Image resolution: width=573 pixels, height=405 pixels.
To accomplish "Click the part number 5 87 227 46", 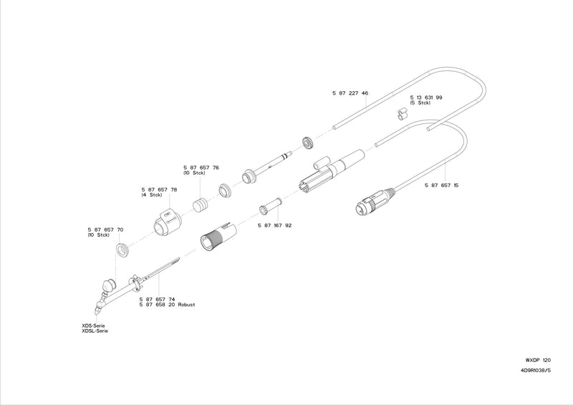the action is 350,93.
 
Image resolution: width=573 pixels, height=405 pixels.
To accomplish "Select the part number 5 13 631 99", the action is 426,97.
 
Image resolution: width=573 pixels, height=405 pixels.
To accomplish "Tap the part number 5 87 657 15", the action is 441,186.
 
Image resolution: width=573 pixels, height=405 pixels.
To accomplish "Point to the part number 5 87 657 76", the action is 201,168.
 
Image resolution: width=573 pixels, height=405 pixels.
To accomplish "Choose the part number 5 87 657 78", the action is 159,190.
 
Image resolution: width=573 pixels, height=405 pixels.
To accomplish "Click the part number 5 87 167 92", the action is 275,226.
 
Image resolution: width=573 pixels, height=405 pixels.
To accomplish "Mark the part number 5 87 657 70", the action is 105,230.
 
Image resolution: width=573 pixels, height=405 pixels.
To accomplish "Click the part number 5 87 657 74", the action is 157,299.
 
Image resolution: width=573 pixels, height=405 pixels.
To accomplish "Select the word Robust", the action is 186,305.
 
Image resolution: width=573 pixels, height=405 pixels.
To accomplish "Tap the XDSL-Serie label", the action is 95,331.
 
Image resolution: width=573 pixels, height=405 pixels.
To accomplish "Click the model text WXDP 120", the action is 538,361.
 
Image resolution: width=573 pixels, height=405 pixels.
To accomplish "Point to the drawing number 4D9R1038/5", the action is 536,371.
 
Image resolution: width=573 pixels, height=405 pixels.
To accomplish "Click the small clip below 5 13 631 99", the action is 401,114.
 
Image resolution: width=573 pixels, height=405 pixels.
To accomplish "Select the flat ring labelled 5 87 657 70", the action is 122,250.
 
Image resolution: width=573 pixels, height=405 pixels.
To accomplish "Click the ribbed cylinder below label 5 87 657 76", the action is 201,205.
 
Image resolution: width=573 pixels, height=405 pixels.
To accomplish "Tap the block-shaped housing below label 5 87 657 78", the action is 167,222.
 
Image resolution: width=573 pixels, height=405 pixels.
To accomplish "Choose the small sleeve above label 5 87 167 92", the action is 271,206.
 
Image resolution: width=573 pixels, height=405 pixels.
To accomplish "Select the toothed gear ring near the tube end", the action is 309,143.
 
